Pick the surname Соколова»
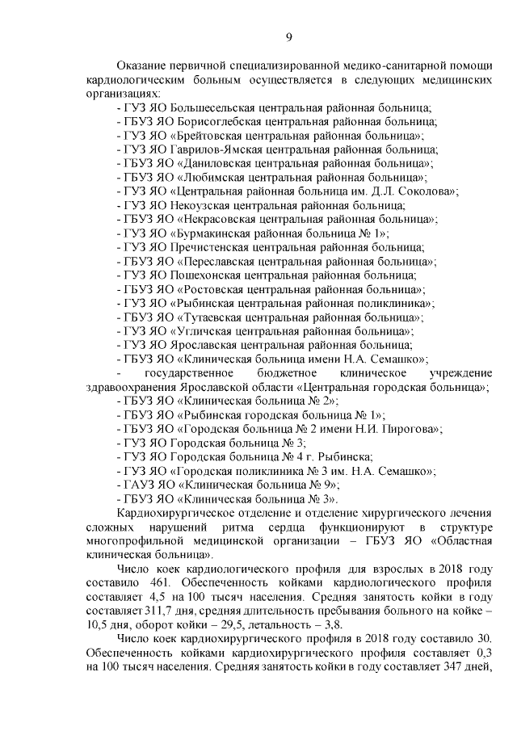(x=427, y=191)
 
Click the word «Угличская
(x=204, y=331)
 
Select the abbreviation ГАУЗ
(x=136, y=485)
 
